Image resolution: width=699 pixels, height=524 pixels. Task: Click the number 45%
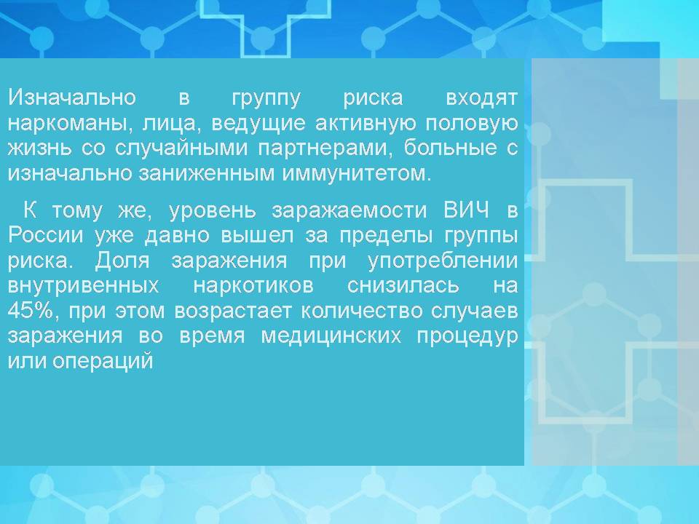(31, 311)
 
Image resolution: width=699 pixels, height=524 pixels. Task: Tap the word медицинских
(358, 336)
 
